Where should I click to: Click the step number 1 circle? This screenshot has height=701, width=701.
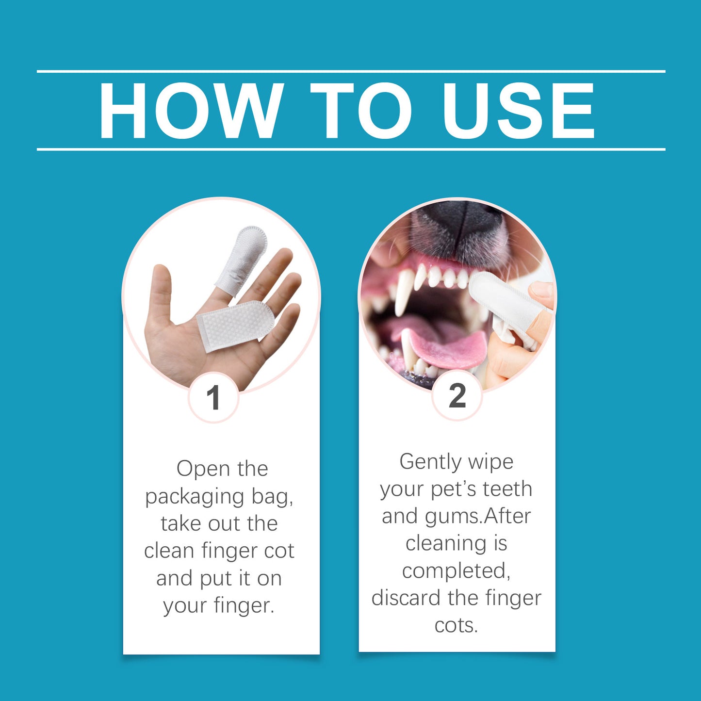pos(213,398)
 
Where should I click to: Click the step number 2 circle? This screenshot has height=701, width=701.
pos(457,396)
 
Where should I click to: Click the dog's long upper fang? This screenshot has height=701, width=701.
pos(404,291)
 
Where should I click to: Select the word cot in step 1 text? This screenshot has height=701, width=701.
pos(279,551)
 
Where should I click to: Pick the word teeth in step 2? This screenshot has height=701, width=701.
pos(508,489)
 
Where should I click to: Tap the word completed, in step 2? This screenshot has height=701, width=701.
pos(456,571)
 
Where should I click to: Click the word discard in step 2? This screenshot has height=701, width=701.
pos(407,598)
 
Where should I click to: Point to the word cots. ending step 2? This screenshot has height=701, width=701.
pos(456,625)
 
